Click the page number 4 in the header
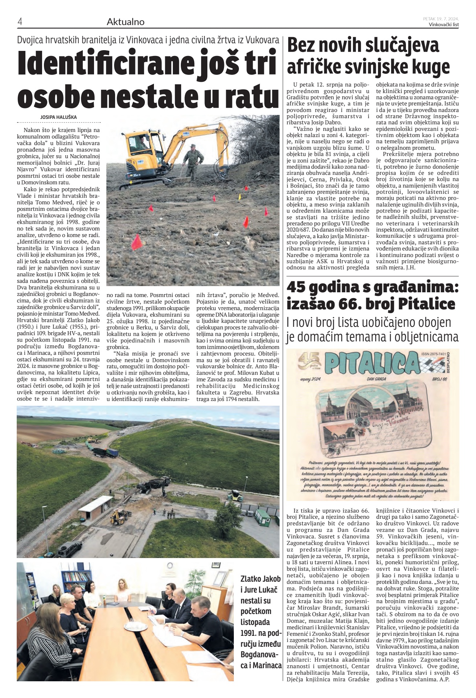[20, 22]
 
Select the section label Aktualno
[125, 22]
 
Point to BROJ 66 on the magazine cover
[440, 379]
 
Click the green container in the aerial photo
[263, 516]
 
